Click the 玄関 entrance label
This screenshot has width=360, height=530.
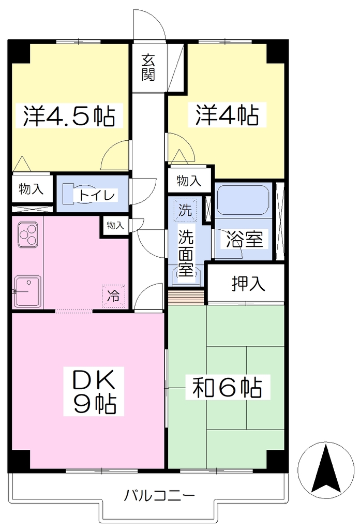tap(148, 68)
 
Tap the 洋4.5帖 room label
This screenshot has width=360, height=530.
tap(69, 115)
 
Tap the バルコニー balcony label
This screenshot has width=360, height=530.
tap(160, 496)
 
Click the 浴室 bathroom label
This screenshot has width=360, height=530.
tap(244, 240)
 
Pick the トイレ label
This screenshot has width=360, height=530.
tap(97, 195)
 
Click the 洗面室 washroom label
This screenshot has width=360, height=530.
tap(186, 253)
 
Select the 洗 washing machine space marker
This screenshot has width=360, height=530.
tap(185, 210)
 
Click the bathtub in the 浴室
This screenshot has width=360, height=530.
tap(243, 199)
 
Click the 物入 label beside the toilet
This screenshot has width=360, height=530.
tap(31, 189)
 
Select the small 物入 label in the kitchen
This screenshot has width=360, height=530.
tap(115, 226)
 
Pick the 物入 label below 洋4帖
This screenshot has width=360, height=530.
tap(189, 181)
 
